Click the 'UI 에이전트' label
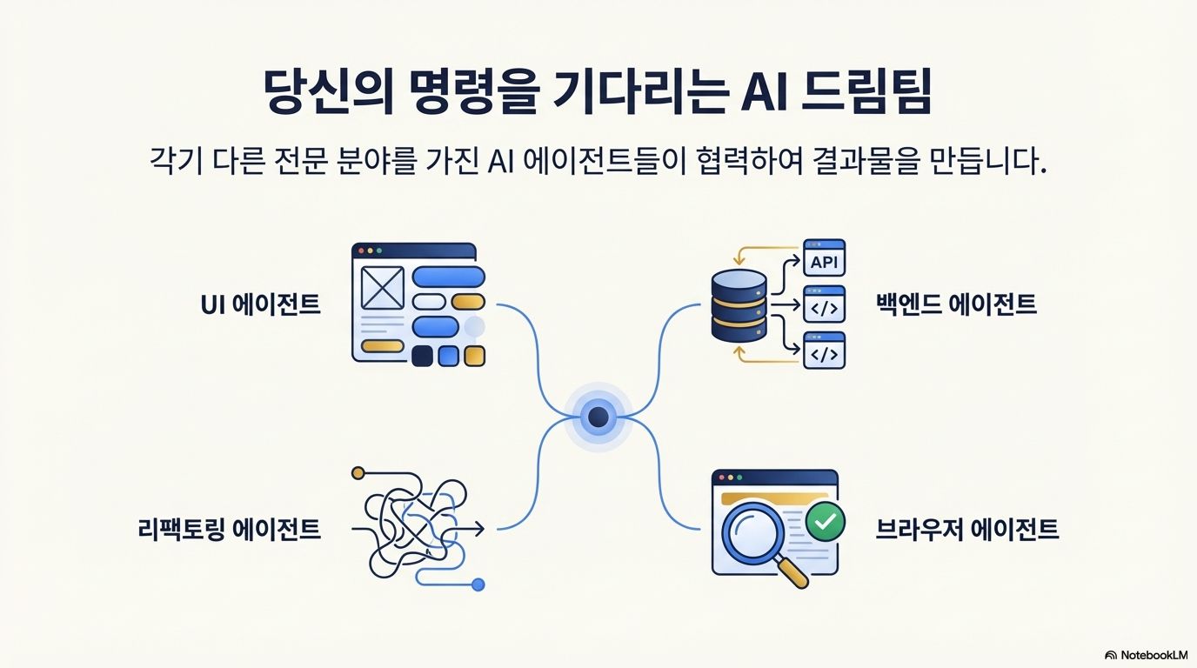click(260, 304)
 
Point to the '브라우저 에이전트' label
click(966, 528)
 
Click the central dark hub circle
click(598, 418)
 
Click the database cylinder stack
click(739, 305)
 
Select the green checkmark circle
click(824, 521)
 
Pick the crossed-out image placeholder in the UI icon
click(383, 287)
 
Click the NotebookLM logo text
click(1154, 654)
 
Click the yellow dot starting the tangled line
click(357, 473)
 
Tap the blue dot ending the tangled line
click(478, 584)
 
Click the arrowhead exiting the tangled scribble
click(480, 528)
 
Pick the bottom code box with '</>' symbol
click(824, 354)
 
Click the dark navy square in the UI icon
click(422, 356)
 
